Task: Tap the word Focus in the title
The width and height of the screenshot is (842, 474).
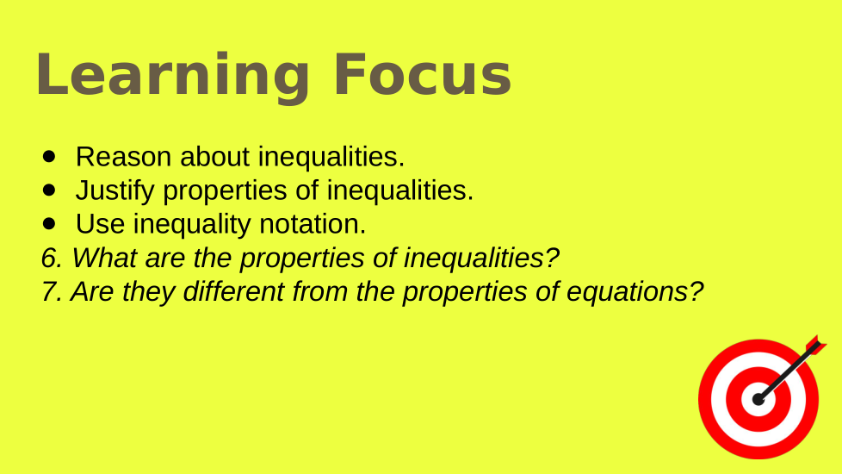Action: [x=423, y=74]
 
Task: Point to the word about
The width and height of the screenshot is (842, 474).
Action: [x=214, y=157]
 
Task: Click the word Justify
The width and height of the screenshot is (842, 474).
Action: [x=115, y=191]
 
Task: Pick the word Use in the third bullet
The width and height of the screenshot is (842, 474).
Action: [x=101, y=224]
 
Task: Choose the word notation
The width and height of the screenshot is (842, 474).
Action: [x=312, y=224]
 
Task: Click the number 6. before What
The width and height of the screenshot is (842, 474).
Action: [x=53, y=258]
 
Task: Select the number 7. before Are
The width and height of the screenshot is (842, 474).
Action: [x=53, y=292]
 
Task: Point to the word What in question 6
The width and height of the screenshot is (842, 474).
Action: [x=104, y=258]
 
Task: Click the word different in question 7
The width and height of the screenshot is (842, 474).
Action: [x=233, y=292]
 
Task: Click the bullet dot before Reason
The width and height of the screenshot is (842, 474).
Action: [x=49, y=157]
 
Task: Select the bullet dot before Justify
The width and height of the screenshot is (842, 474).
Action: [x=49, y=190]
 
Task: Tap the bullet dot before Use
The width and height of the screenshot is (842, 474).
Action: [x=49, y=223]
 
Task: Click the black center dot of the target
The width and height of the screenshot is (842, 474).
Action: [x=758, y=399]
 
